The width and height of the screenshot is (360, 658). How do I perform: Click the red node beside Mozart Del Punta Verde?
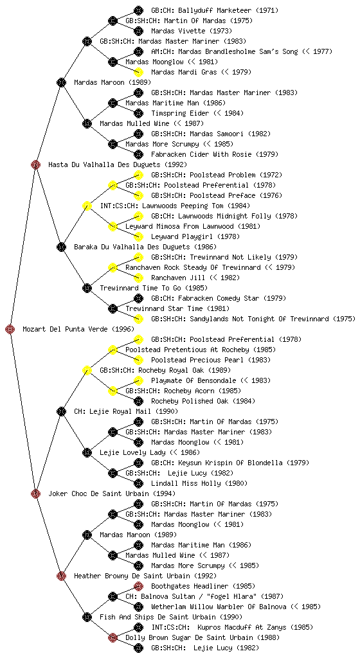point(10,329)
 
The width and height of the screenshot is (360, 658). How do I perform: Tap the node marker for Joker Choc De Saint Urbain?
point(35,493)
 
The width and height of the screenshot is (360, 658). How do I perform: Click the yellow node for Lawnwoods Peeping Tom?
point(87,206)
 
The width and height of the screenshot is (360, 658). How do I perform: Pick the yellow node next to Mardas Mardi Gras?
point(138,72)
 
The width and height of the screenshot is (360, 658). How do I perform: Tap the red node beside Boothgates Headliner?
point(138,586)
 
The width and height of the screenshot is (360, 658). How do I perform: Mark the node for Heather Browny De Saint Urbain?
point(61,576)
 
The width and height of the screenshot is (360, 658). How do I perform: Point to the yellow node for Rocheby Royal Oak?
point(87,370)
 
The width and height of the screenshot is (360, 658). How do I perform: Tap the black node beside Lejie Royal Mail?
point(61,411)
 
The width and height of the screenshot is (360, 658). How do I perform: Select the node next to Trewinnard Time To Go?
point(87,288)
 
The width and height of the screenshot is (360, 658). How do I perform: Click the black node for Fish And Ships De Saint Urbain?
point(87,617)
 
